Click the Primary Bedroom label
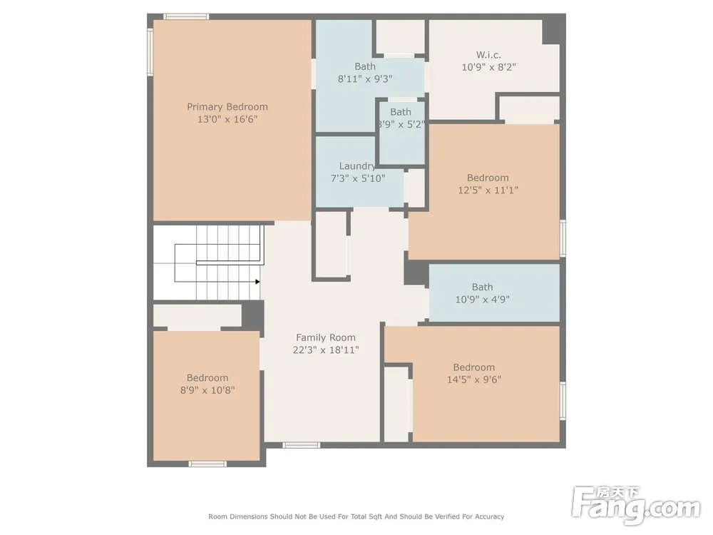coord(227,107)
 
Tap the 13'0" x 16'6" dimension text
coord(227,119)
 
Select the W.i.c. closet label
coord(489,55)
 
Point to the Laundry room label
coord(357,166)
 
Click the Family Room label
coord(326,337)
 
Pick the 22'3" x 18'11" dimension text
coord(326,350)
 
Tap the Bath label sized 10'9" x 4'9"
coord(483,287)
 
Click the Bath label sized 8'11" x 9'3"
coord(365,66)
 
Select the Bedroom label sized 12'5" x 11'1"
coord(488,178)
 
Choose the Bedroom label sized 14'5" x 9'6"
coord(474,367)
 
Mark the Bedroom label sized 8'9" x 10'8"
coord(207,377)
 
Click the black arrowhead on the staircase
coord(258,282)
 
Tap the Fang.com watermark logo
coord(636,504)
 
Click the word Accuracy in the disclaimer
coord(489,516)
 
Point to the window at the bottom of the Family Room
coord(302,445)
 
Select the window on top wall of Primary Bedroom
coord(186,17)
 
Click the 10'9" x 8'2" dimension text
coord(489,67)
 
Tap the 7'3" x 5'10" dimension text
coord(358,178)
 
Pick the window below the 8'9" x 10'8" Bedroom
coord(207,464)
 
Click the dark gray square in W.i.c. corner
coord(551,31)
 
